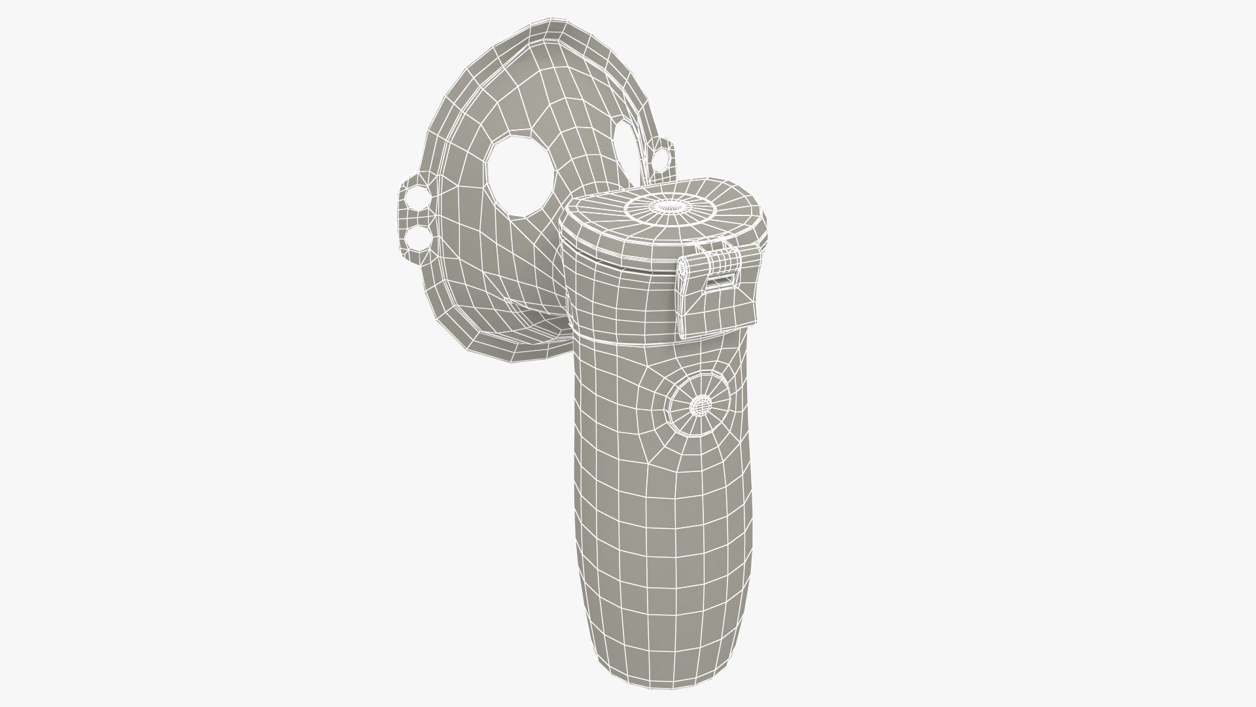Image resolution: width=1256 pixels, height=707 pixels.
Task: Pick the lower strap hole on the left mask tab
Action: point(416,239)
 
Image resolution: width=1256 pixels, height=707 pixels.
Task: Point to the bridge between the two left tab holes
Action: point(415,218)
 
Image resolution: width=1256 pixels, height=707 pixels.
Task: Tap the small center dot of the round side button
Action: point(701,406)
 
